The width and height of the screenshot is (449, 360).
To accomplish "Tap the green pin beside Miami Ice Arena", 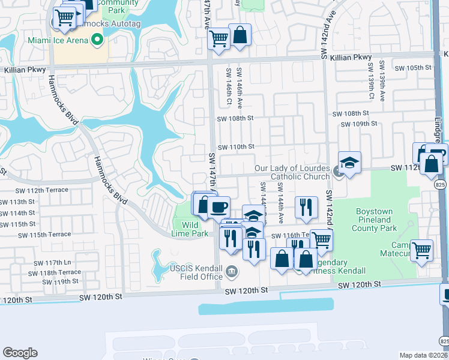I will tap(97, 40).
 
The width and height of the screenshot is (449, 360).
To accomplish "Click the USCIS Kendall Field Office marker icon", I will tap(231, 274).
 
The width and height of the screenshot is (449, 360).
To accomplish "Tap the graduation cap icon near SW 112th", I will tap(349, 163).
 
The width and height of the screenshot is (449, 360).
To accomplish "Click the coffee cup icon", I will tap(218, 207).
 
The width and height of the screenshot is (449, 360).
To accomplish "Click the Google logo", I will tap(20, 353).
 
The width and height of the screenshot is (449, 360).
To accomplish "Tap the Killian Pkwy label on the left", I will tap(25, 70).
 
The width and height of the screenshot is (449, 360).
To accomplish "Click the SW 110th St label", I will tap(236, 147).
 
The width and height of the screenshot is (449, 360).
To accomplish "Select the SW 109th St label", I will tap(358, 124).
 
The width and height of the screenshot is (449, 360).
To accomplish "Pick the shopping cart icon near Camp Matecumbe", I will tap(422, 249).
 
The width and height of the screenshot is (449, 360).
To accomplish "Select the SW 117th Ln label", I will tap(52, 263).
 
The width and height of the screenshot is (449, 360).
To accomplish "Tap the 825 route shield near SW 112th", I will tap(441, 187).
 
